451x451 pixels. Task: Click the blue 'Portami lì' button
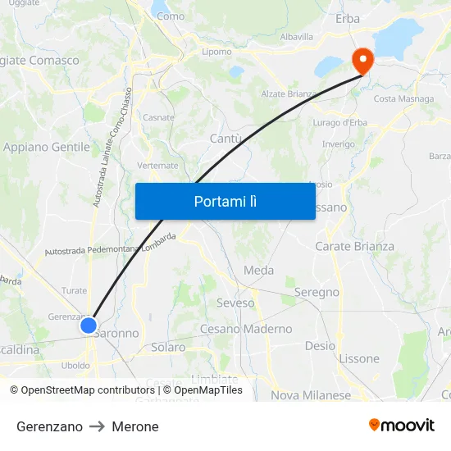[x=225, y=201]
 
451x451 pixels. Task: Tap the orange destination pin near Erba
[x=362, y=60]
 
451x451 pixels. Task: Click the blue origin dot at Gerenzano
[x=89, y=326]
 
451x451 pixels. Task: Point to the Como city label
[x=171, y=16]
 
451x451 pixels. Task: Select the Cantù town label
[x=225, y=139]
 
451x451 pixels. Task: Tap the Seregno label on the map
[x=317, y=292]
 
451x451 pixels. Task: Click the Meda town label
[x=259, y=270]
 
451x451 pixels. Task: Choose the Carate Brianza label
[x=354, y=246]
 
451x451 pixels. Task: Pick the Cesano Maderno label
[x=246, y=329]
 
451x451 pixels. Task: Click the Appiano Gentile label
[x=47, y=147]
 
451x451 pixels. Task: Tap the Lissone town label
[x=359, y=358]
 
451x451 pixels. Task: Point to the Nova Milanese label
[x=311, y=394]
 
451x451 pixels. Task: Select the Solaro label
[x=168, y=347]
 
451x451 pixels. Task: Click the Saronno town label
[x=118, y=334]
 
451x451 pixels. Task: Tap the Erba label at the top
[x=348, y=18]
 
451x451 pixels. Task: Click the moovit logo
[x=402, y=425]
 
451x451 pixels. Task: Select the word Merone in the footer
[x=135, y=426]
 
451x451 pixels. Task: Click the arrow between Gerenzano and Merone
[x=98, y=426]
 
